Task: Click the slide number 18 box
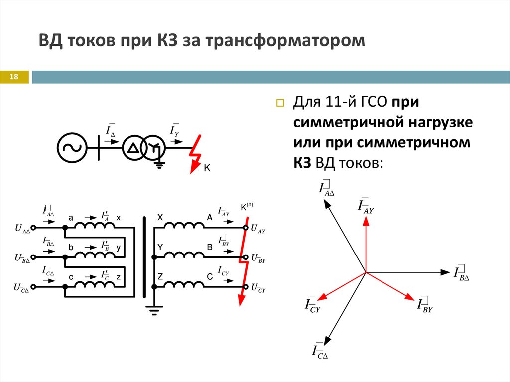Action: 14,76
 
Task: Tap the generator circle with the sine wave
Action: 72,146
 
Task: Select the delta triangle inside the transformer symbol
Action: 132,147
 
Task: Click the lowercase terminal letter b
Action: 71,247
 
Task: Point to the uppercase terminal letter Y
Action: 160,247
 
